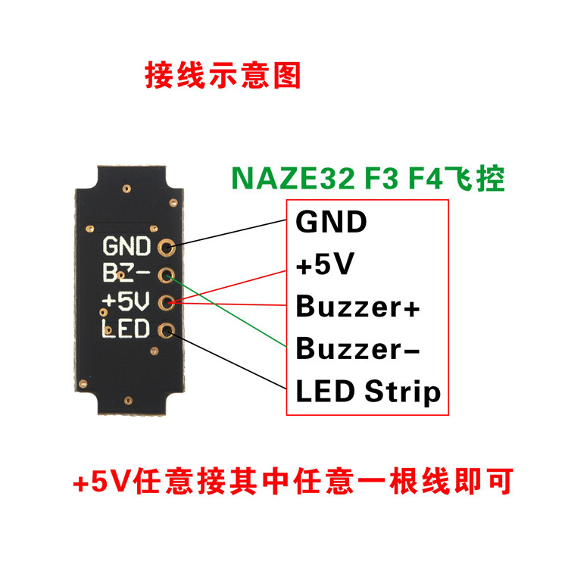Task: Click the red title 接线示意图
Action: (x=223, y=76)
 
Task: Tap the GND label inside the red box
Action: (x=331, y=223)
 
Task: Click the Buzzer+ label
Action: (x=358, y=308)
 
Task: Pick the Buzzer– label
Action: (x=358, y=350)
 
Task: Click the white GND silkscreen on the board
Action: (x=127, y=248)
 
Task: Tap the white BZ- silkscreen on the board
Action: (x=127, y=275)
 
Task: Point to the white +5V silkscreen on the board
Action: (x=127, y=302)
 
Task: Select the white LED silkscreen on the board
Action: (x=127, y=329)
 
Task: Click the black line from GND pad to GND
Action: (x=227, y=234)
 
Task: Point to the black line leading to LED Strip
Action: (x=227, y=361)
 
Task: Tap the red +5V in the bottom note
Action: (x=101, y=481)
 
